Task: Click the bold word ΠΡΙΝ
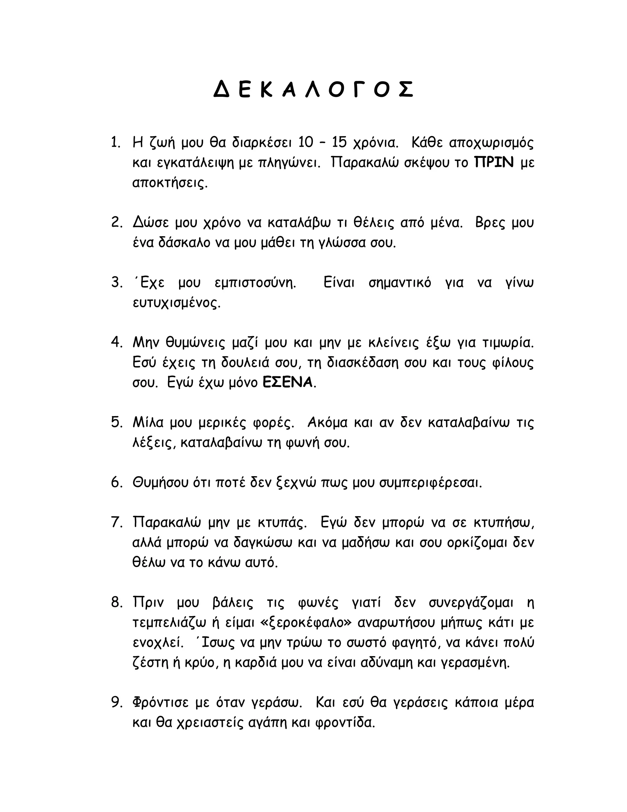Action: (x=494, y=162)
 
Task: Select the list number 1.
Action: (x=116, y=142)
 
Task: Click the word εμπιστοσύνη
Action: (x=256, y=283)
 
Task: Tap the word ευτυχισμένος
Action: (x=176, y=303)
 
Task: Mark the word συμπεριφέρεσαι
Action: (x=430, y=483)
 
